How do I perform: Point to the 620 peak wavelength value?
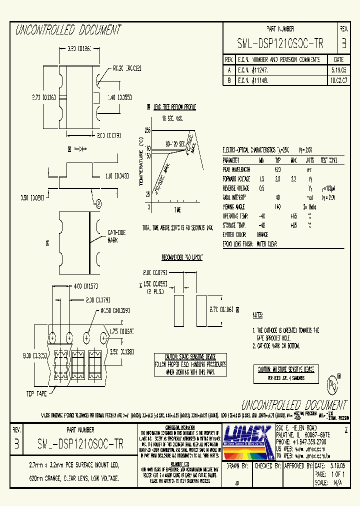(278, 170)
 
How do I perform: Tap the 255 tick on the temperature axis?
(147, 130)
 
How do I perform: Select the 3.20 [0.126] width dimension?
(77, 49)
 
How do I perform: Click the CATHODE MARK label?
(116, 235)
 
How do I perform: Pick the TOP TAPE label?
(37, 394)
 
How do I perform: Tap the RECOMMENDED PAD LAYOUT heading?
(182, 257)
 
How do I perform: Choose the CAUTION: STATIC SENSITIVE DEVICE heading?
(190, 357)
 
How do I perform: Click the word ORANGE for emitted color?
(262, 234)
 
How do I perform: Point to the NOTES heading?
(257, 315)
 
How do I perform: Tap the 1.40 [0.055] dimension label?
(117, 97)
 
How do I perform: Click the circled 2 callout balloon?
(98, 203)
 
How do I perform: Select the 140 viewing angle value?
(278, 206)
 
